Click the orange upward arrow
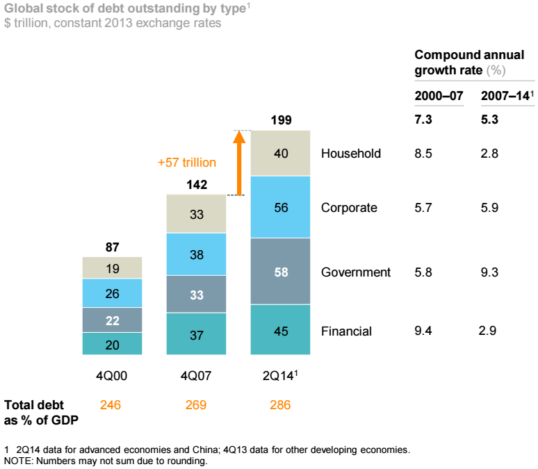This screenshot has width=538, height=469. [238, 163]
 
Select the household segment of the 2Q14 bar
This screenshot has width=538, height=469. [281, 154]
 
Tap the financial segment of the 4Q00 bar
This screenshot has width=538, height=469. [112, 343]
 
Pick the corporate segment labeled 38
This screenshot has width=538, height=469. [197, 254]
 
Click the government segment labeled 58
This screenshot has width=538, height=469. [281, 271]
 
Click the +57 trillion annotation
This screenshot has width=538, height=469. [187, 163]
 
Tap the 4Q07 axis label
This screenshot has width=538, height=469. [196, 376]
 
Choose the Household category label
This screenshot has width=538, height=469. [351, 154]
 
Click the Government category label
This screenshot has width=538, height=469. [356, 272]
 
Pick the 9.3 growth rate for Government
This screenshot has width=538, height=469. [489, 272]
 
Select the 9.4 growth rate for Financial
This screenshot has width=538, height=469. [423, 331]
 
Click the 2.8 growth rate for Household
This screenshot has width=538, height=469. [489, 154]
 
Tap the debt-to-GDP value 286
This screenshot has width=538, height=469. [280, 405]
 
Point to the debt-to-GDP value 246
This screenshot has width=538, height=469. [111, 405]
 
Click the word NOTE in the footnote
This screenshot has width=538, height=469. [17, 461]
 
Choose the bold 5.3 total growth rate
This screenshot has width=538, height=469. [489, 120]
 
